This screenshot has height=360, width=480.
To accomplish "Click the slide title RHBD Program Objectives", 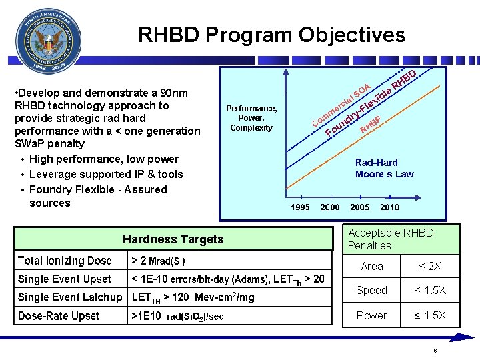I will click(x=271, y=35).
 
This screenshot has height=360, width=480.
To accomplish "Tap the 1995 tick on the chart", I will click(x=300, y=207).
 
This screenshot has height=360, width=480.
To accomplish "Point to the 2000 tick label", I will click(x=329, y=207).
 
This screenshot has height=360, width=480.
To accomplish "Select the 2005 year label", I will click(x=360, y=207).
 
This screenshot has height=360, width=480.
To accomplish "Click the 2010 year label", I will click(x=389, y=207).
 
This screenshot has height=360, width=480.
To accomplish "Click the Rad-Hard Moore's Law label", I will click(x=384, y=168).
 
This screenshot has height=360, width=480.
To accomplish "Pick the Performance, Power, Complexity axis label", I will click(x=251, y=118).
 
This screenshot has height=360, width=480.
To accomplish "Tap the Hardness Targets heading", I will click(x=173, y=239).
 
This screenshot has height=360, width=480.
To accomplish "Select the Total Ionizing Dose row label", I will click(x=65, y=261).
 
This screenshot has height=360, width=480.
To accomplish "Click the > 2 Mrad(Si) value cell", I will click(x=159, y=261).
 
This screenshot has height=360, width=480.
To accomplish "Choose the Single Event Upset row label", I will click(x=65, y=279).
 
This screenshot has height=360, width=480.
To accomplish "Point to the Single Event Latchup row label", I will click(x=70, y=297).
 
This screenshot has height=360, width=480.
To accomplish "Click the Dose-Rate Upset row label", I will click(x=59, y=316).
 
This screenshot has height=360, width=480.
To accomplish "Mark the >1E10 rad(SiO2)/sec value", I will click(x=177, y=316).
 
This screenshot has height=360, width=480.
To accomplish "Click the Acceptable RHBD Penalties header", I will click(x=391, y=239).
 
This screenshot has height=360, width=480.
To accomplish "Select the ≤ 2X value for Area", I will click(x=431, y=267).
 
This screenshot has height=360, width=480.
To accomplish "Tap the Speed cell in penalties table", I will click(x=371, y=291).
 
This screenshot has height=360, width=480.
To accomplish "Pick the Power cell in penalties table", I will click(x=371, y=315).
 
